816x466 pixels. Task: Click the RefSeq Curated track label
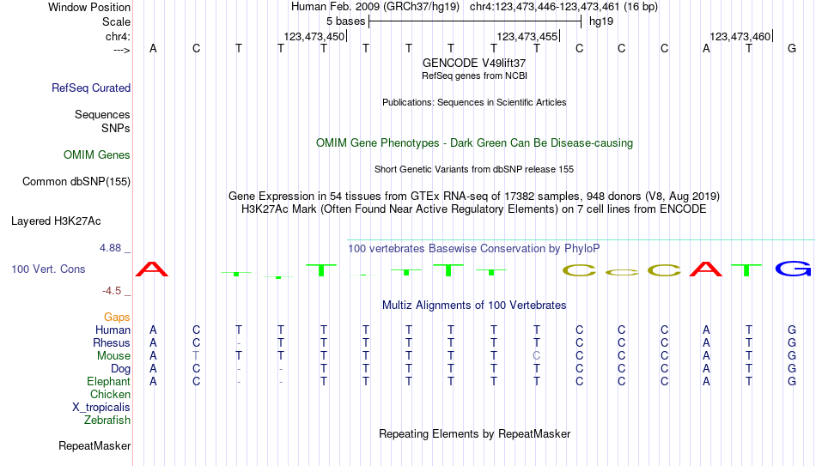(x=91, y=88)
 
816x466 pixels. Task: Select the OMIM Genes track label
(x=97, y=155)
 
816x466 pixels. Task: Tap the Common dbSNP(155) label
(x=76, y=182)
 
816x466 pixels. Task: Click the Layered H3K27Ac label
(x=56, y=221)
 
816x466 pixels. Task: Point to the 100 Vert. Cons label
(x=48, y=269)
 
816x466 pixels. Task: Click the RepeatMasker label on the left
(x=94, y=445)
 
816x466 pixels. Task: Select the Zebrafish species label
(x=107, y=420)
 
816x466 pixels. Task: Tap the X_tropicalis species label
(x=101, y=408)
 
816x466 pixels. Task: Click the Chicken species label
(x=110, y=394)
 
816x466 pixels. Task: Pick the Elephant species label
(x=108, y=381)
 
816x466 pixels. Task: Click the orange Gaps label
(x=117, y=317)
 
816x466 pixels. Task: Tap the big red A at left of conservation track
(x=152, y=269)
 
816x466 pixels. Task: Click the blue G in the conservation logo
(x=793, y=269)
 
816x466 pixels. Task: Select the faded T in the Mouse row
(x=196, y=356)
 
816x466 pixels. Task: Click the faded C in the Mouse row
(x=537, y=356)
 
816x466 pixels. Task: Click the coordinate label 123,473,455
(x=527, y=36)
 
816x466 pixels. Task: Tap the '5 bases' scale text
(x=345, y=21)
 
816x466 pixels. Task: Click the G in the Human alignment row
(x=792, y=330)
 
